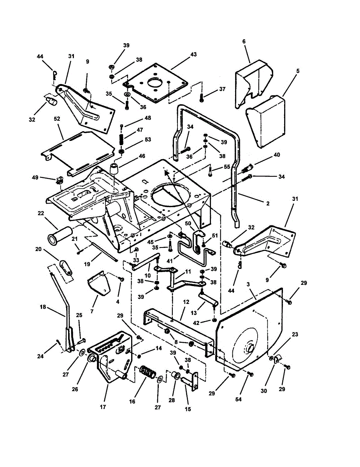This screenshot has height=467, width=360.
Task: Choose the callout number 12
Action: point(186,302)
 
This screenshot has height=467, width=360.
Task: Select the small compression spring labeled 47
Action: point(121,137)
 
